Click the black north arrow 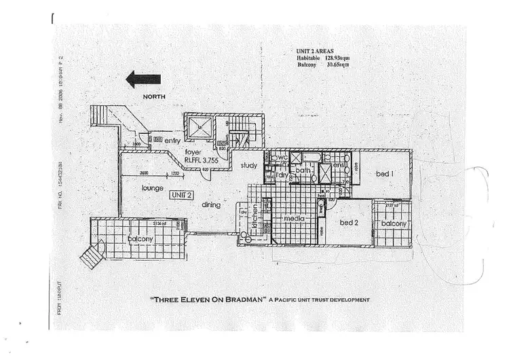[143, 80]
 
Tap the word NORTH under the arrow [154, 97]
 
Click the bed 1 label [385, 175]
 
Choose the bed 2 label [349, 222]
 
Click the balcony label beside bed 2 [393, 223]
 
